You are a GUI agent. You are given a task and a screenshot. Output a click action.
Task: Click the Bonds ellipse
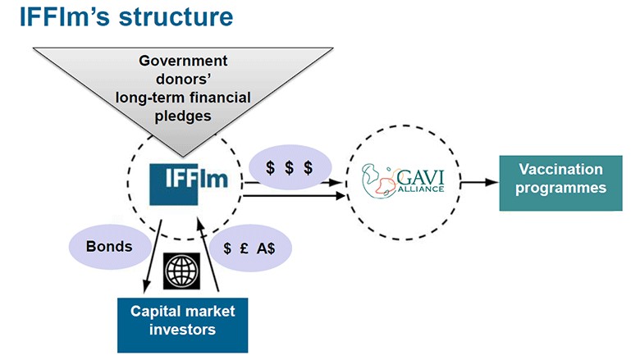click(109, 245)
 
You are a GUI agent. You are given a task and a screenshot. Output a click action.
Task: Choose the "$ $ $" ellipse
click(289, 167)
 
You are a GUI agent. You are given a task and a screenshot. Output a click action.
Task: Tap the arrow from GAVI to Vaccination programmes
click(478, 180)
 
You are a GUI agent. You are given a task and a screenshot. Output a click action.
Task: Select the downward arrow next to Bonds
click(153, 254)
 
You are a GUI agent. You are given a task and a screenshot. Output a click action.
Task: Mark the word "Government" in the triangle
click(182, 61)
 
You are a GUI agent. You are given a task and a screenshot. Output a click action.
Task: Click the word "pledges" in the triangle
click(182, 116)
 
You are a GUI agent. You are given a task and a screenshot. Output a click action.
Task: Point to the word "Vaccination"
click(560, 170)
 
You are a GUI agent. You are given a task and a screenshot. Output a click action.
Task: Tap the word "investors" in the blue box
click(182, 330)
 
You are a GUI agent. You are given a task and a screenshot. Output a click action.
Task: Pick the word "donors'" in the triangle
click(182, 80)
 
